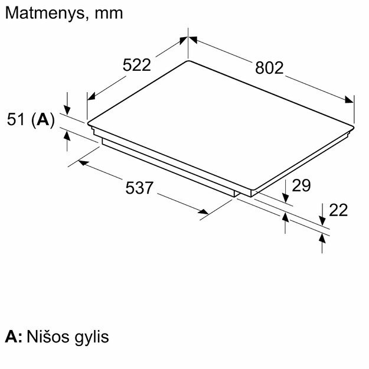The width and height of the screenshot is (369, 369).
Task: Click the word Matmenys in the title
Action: (44, 14)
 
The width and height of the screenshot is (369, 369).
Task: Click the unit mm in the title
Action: (109, 14)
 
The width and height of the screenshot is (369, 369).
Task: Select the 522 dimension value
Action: (137, 65)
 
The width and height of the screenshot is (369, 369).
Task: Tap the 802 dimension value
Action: (269, 68)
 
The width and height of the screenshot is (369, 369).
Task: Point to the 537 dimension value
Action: (139, 188)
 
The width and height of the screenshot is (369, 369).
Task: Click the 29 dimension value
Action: (301, 185)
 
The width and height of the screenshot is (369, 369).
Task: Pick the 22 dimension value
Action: (338, 210)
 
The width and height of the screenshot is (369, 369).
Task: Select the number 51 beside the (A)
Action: (16, 119)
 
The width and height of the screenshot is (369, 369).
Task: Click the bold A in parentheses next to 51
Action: (43, 119)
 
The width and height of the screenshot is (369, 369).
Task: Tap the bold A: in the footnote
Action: (14, 337)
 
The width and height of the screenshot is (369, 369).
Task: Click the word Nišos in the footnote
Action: (48, 337)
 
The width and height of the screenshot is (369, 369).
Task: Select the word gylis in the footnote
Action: (92, 338)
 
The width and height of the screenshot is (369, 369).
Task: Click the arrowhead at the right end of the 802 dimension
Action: (350, 99)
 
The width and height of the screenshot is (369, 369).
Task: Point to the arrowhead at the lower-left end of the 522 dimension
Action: (91, 96)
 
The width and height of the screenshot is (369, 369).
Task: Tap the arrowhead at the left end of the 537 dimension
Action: (84, 162)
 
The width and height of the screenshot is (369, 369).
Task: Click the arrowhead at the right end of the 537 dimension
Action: (203, 211)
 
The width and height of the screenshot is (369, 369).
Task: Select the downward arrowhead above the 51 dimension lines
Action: (67, 110)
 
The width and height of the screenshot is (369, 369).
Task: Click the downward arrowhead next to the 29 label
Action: (285, 198)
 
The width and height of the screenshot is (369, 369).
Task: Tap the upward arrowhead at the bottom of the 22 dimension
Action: (322, 239)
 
